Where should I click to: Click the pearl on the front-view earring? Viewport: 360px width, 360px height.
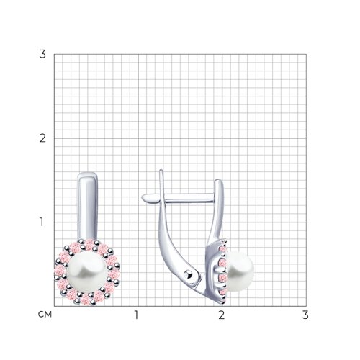(x=87, y=272)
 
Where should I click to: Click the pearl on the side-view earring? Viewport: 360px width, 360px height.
(x=240, y=271)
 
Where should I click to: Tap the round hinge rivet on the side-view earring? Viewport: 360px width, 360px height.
(x=189, y=274)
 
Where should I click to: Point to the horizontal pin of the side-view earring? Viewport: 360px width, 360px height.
(x=178, y=198)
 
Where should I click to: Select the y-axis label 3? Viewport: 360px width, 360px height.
(x=42, y=54)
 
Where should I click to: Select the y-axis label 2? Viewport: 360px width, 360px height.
(x=42, y=138)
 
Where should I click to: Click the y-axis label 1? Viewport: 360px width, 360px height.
(x=42, y=222)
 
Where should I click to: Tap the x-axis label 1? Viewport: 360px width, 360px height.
(x=137, y=315)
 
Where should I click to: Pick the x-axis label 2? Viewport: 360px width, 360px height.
(x=222, y=315)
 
